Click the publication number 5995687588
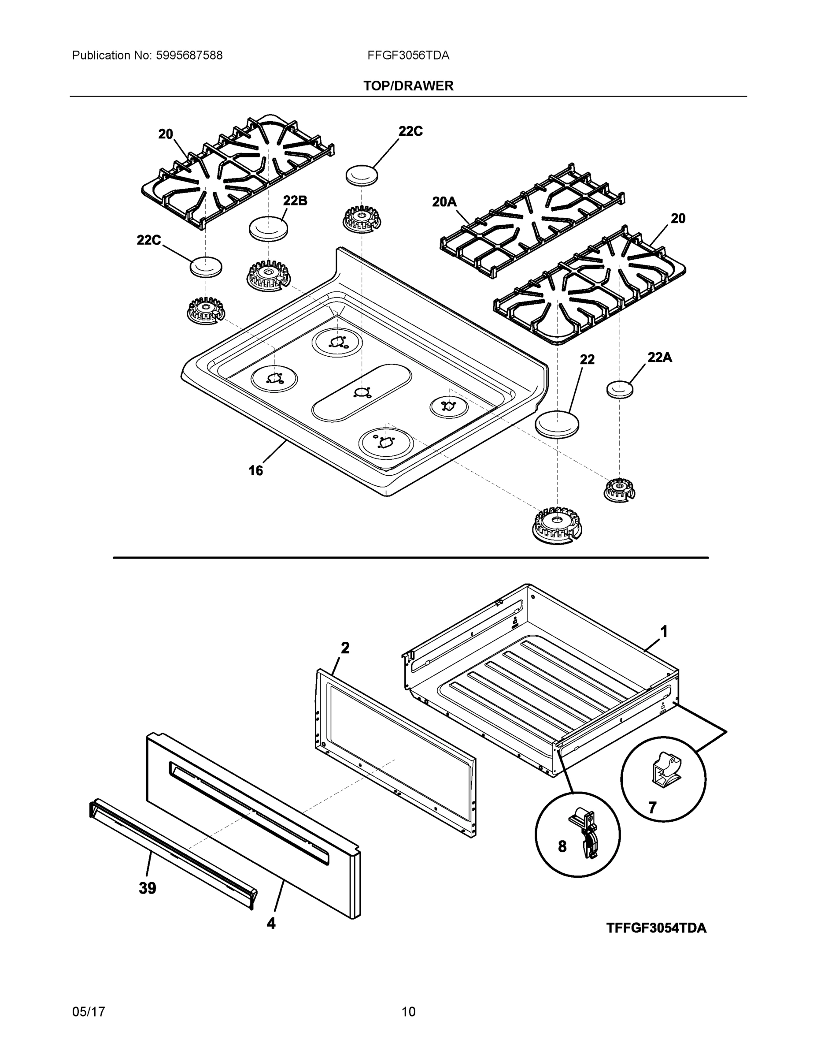tap(189, 55)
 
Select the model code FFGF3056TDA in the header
tap(408, 55)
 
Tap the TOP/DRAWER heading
tap(408, 86)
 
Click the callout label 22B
tap(295, 200)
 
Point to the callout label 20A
tap(444, 201)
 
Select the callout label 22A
tap(660, 357)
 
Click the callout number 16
tap(255, 470)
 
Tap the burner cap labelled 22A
tap(620, 389)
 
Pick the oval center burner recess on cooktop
tap(362, 392)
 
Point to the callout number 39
tap(147, 888)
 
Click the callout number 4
tap(271, 924)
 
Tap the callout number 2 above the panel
tap(344, 648)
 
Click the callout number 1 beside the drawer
tap(664, 631)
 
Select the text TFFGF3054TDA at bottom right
tap(656, 928)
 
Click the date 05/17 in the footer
tap(88, 1012)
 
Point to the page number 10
tap(408, 1012)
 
